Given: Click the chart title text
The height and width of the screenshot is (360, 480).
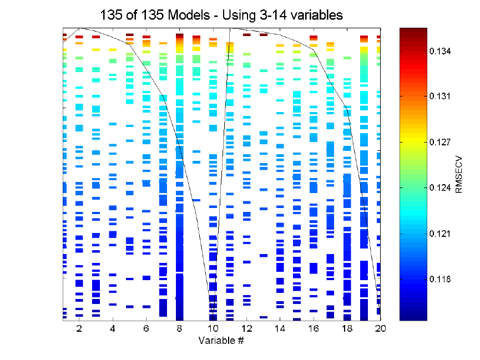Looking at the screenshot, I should (221, 15).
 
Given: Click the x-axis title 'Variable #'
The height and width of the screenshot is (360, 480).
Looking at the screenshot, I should (221, 339).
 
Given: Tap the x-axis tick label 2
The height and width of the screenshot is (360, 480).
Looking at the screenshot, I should (79, 328).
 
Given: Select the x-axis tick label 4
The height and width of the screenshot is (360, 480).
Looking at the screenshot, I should (113, 328).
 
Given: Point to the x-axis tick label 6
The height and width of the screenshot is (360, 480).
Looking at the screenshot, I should (146, 328).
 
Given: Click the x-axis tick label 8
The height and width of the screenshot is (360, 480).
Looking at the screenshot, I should (180, 328).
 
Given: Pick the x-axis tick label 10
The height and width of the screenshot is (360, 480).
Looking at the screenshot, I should (213, 328).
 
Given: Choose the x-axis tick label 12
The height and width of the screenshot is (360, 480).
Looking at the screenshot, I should (246, 328).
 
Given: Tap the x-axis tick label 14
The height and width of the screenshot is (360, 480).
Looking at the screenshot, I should (280, 328).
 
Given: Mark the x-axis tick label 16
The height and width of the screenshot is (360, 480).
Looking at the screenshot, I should (313, 328).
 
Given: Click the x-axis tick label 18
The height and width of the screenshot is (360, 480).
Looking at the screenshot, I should (347, 328).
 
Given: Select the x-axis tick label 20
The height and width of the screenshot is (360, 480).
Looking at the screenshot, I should (380, 328).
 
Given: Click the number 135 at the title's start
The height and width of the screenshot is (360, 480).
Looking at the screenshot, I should (110, 15).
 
